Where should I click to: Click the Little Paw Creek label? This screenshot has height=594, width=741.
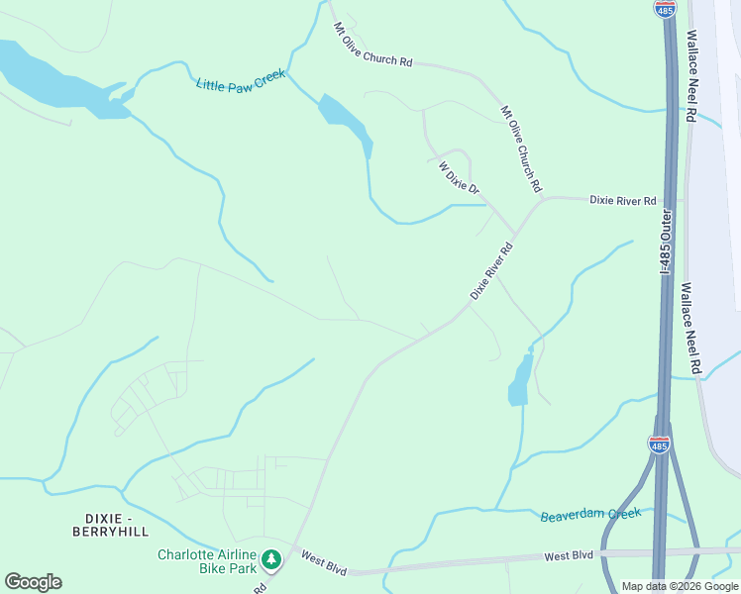coord(241,80)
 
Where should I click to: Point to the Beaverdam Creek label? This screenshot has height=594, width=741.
coord(591,515)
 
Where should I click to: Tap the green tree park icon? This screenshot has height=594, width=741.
coord(271,560)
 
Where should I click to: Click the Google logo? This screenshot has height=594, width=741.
coord(33,581)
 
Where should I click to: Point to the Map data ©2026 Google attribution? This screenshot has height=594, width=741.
coord(679,586)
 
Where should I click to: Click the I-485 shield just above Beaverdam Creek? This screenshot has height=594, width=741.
coord(659,445)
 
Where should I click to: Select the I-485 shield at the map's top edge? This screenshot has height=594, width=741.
coord(665,8)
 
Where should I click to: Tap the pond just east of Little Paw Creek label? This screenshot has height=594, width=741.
coord(345,121)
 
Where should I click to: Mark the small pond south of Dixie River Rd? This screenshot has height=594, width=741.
coord(519,380)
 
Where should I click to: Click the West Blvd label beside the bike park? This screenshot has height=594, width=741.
coord(324,562)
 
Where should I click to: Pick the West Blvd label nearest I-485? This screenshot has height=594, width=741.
coord(569,556)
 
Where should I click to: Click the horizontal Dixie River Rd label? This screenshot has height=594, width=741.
coord(623,200)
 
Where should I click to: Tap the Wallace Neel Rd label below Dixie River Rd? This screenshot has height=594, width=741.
coord(690,328)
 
